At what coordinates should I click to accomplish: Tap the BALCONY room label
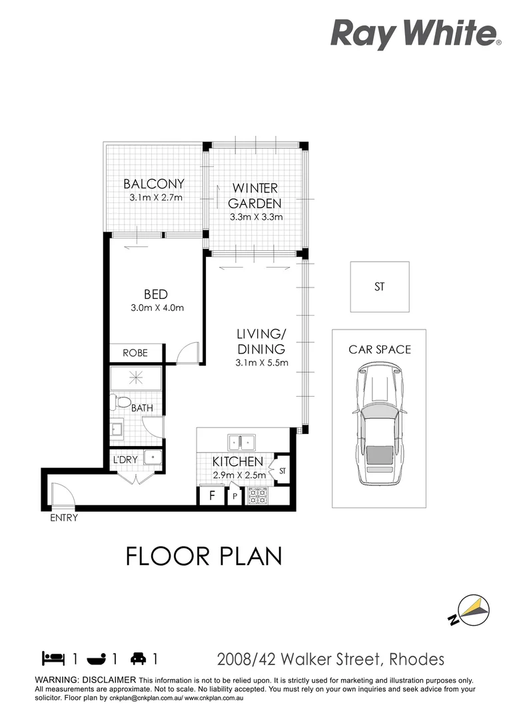(154, 184)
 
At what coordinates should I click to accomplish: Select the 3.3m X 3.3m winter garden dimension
(256, 217)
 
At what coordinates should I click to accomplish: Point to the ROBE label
(135, 353)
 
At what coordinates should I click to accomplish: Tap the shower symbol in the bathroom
(136, 378)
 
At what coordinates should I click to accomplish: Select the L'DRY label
(125, 460)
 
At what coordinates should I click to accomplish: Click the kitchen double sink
(239, 441)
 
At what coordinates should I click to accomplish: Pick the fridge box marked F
(211, 496)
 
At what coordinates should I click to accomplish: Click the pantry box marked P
(235, 497)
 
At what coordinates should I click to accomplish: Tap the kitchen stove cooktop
(257, 496)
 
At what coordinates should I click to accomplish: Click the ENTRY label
(64, 518)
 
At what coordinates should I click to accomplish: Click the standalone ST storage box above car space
(380, 287)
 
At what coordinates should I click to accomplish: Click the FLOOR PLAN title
(204, 556)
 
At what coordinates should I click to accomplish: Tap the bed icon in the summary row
(53, 659)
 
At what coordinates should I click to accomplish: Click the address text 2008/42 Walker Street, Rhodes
(331, 660)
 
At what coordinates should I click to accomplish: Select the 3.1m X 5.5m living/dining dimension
(261, 363)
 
